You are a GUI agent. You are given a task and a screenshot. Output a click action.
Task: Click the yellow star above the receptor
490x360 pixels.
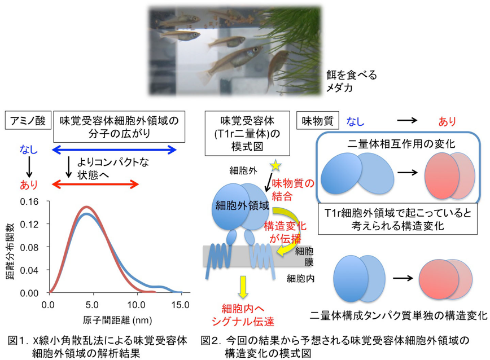point(275,165)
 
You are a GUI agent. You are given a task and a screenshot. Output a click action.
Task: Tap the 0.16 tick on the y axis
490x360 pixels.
point(29,201)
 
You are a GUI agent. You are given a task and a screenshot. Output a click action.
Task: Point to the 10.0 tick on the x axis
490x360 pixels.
point(136,305)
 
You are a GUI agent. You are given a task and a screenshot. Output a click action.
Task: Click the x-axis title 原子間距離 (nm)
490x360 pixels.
point(117,321)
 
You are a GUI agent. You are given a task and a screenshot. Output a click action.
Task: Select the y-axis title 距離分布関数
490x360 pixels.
point(10,251)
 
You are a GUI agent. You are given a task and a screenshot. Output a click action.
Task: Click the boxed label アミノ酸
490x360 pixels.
point(28,121)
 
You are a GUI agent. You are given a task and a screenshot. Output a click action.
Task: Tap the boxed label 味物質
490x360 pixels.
point(317,121)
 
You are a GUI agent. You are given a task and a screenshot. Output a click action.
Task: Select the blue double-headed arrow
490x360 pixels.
point(115,150)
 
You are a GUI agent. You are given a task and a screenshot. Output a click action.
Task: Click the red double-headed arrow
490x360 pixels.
point(95,184)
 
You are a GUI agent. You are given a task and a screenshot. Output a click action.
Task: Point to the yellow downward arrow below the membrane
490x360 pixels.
point(243,287)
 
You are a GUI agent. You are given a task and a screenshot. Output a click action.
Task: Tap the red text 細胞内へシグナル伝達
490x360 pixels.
point(243,315)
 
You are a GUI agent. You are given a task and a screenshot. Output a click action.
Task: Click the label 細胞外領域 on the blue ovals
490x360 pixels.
point(242,206)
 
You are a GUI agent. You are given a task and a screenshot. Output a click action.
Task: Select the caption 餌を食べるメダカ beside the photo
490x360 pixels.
point(352,81)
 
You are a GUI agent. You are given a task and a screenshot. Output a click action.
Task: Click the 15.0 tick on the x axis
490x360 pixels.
point(180,305)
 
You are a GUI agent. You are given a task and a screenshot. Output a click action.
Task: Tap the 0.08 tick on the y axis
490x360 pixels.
point(29,247)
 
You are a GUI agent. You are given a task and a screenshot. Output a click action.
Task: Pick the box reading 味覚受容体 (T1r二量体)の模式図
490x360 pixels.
point(247,133)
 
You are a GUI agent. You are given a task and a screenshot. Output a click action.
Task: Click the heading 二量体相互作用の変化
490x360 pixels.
point(401,144)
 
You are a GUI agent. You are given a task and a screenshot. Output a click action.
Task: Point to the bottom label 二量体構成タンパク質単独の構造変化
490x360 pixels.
point(399,315)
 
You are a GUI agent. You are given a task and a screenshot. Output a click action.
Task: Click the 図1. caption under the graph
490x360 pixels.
point(98,346)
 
